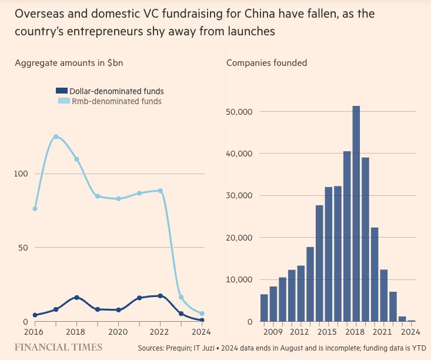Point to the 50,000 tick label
[x=239, y=112]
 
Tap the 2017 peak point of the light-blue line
[x=56, y=136]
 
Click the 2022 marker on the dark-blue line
[x=160, y=296]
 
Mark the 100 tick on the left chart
[x=22, y=174]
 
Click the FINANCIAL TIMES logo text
[x=59, y=347]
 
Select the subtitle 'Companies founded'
[x=266, y=63]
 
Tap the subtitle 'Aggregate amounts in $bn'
[x=69, y=63]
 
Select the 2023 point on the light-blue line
[x=181, y=297]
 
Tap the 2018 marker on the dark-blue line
[x=76, y=297]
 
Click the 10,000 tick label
[x=239, y=279]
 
